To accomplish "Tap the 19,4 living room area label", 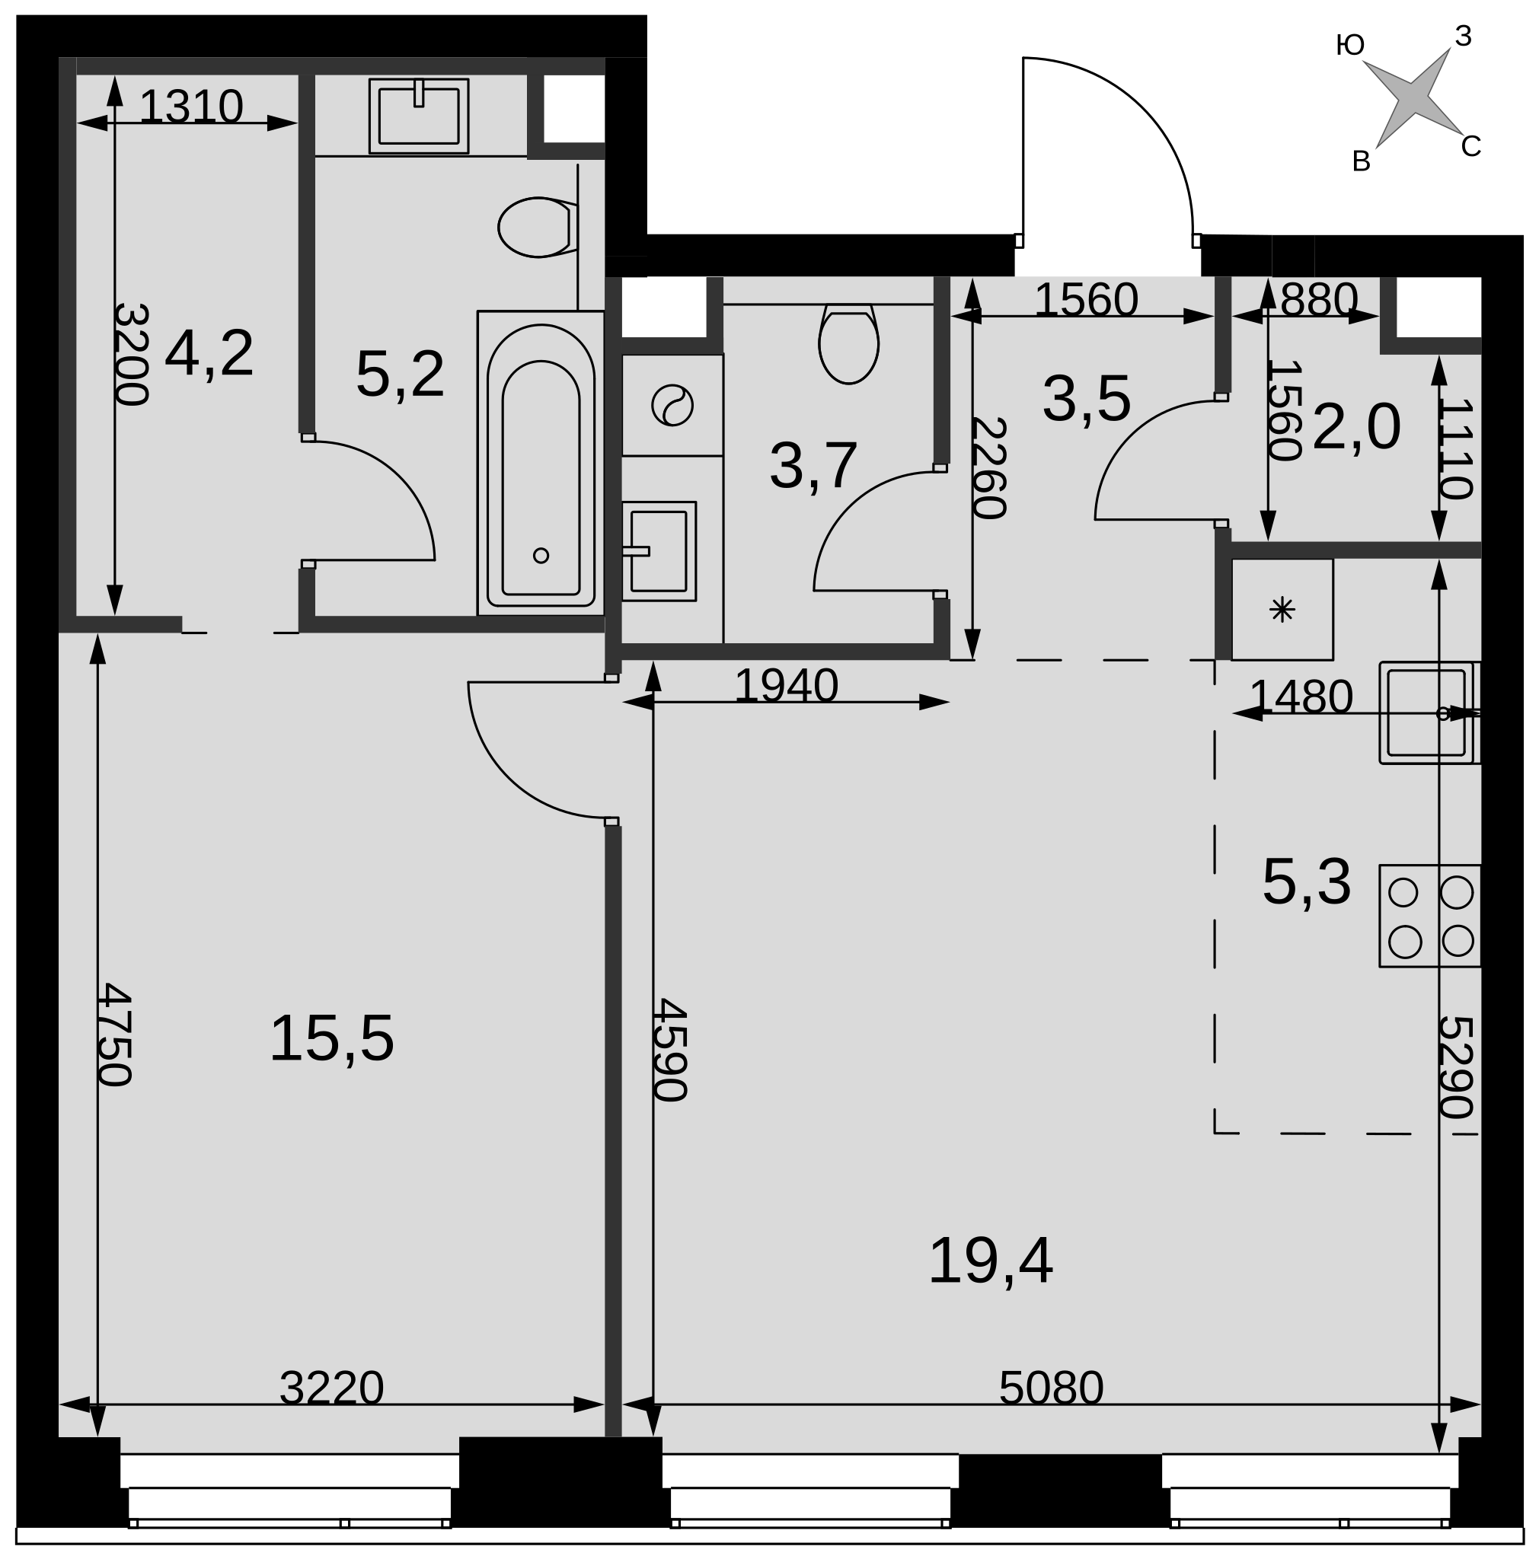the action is pos(990,1262).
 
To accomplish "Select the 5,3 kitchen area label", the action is pos(1307,883).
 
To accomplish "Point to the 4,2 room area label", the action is pos(209,353).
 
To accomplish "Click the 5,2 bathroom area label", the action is pos(401,375).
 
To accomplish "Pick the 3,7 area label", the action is pos(813,467).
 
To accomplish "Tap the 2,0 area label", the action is pos(1356,427).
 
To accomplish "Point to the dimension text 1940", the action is pos(787,686).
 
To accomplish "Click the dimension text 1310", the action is pos(191,107).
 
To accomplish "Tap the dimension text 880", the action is pos(1319,300).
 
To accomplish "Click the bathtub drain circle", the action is pos(541,555).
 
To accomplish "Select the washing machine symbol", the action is pos(672,405).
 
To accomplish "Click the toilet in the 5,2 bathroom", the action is pos(538,228).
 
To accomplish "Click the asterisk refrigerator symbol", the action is pos(1282,609).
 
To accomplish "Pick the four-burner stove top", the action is pos(1430,916).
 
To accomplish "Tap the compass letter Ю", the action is pos(1350,45).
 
